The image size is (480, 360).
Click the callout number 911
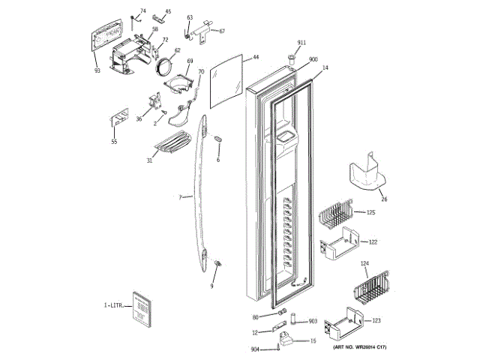301,43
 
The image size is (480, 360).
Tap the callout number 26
384,199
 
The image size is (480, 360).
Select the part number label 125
370,213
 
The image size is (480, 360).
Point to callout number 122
373,242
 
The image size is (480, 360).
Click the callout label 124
365,263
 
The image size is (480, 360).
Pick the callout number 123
376,320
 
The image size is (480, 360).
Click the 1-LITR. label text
112,306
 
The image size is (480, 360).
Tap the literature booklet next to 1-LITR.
139,308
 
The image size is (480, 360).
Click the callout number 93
97,70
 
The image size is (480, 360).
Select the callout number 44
256,57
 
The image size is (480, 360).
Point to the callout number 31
149,160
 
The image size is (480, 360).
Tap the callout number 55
114,142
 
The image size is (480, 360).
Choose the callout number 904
255,349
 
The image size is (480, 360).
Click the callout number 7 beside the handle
180,196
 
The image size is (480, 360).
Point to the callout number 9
211,286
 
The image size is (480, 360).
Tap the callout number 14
325,67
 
